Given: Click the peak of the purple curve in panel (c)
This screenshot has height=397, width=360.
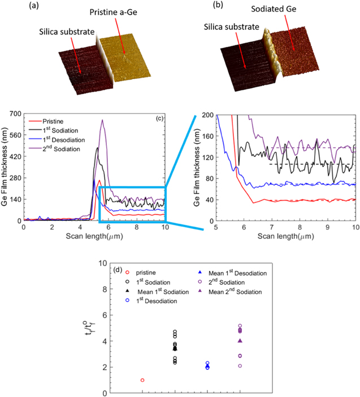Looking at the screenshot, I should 102,120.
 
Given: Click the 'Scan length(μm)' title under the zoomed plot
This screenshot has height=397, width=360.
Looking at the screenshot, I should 286,237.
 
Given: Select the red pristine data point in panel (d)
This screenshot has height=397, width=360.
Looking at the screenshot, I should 142,380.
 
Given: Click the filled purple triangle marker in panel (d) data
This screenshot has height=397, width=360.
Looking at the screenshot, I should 240,341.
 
